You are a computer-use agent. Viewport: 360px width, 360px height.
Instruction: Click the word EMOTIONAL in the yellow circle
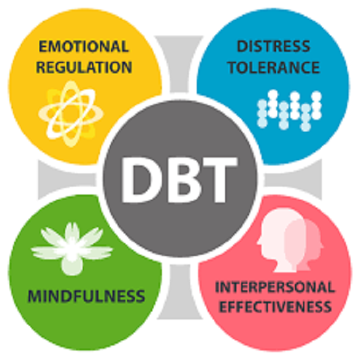pos(84,47)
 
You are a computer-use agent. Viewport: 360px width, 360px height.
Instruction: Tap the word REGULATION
pos(84,67)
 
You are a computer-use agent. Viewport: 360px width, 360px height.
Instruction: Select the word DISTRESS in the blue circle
pos(273,46)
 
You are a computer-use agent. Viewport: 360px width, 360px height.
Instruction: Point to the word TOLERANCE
pos(274,67)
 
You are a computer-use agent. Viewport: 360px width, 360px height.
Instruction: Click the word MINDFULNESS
pos(86,296)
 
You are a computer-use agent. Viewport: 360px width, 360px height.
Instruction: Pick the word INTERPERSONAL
pos(275,287)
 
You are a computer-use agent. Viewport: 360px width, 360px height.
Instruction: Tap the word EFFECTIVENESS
pos(275,307)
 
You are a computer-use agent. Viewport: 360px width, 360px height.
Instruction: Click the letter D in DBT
pos(142,180)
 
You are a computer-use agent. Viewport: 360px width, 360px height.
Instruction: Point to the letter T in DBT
pos(219,180)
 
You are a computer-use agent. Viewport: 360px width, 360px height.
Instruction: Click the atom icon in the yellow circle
pos(71,114)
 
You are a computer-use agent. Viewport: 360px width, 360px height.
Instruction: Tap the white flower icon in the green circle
pos(72,249)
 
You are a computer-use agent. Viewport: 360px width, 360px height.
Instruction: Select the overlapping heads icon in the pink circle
pos(290,240)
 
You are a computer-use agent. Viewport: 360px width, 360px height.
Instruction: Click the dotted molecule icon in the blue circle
pos(289,110)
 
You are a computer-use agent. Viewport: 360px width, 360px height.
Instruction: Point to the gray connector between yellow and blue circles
pos(179,64)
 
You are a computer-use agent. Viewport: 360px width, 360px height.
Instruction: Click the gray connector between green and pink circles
pos(180,291)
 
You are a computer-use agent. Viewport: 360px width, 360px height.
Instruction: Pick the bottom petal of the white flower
pos(72,265)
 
